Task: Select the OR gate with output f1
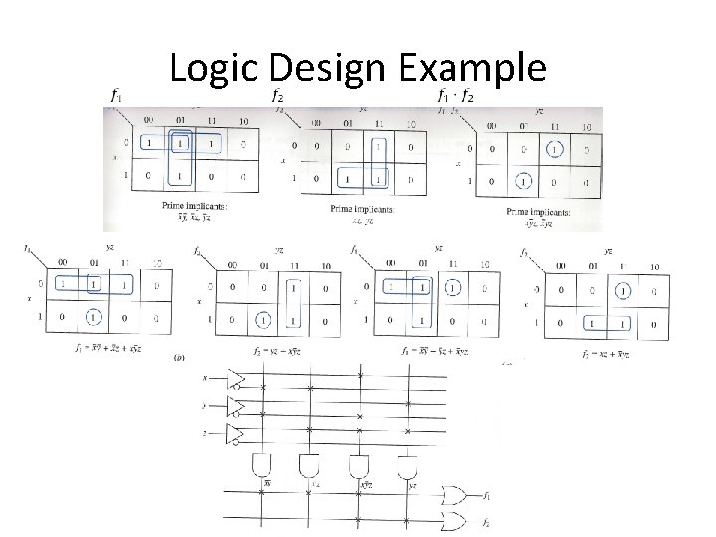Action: coord(458,494)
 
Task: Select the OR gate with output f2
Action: coord(458,521)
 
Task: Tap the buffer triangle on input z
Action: coord(235,433)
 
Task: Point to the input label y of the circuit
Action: coord(204,405)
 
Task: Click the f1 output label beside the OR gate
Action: coord(486,494)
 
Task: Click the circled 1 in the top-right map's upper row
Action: coord(554,149)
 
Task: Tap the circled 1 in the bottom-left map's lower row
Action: coord(94,319)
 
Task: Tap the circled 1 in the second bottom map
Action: coord(263,321)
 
